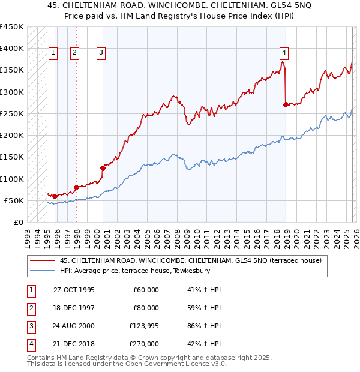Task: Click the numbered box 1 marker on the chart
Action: tap(53, 53)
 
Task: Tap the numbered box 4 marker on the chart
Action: tap(284, 53)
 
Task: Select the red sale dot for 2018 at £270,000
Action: tap(285, 104)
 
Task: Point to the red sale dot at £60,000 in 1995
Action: tap(55, 196)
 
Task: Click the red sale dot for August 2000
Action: tap(103, 169)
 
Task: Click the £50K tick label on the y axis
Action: tap(14, 200)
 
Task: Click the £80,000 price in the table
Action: tap(146, 308)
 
